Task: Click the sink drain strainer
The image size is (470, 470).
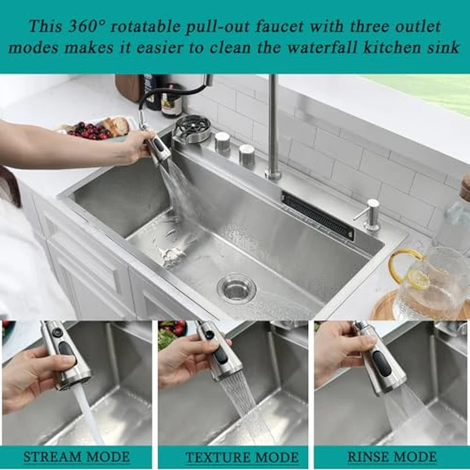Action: pos(236,287)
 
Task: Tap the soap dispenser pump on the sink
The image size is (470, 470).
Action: pos(371,214)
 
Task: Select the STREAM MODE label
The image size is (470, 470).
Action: pos(76,458)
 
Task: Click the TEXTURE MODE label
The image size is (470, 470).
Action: pos(232,458)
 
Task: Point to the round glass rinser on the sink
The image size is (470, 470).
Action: pos(193,128)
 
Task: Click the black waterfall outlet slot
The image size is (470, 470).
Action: pos(318,215)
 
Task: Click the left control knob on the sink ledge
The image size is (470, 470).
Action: pos(222,142)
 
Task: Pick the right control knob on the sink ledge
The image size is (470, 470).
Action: pos(246,155)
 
